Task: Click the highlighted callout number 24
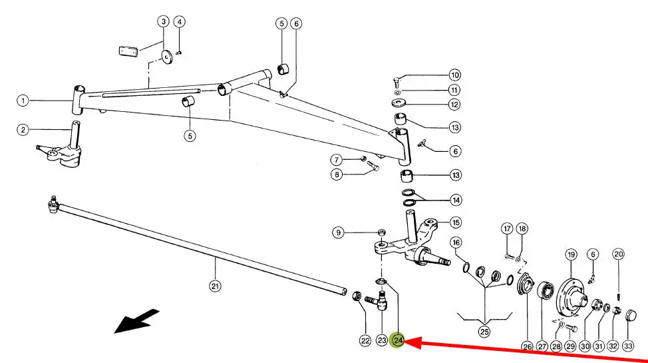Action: click(398, 340)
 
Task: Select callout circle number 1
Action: click(23, 101)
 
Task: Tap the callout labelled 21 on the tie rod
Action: click(214, 286)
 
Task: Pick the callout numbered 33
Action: click(628, 346)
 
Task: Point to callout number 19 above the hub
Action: click(571, 254)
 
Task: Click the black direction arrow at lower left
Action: click(137, 320)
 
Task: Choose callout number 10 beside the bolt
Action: click(454, 75)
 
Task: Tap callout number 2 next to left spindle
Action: click(23, 129)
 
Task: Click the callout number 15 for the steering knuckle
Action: click(454, 222)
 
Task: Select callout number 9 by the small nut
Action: click(339, 232)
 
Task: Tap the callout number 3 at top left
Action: click(164, 21)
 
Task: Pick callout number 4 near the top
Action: click(179, 21)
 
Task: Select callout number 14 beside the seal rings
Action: click(454, 200)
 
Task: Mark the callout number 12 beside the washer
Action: click(454, 105)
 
